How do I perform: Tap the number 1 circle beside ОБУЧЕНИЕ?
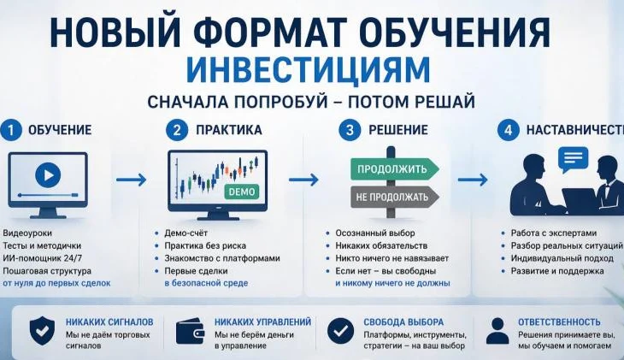click(11, 130)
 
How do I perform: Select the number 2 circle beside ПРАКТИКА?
click(178, 130)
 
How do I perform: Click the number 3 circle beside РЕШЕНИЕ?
click(348, 130)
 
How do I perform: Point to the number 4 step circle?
click(508, 130)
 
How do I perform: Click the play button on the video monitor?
click(47, 175)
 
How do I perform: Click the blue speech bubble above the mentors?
click(574, 157)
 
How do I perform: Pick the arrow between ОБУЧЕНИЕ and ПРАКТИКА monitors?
click(131, 180)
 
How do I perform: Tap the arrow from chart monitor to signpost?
click(303, 180)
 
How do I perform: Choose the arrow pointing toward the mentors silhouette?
click(473, 180)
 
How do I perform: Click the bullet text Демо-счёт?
click(187, 233)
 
